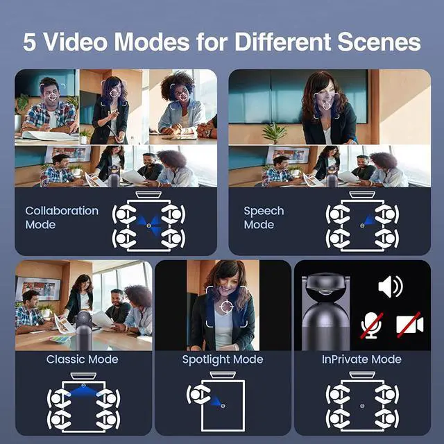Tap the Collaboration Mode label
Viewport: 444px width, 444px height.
62,217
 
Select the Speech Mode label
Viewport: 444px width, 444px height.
264,217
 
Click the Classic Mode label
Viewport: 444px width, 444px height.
83,359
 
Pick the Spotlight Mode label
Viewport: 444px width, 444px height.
223,359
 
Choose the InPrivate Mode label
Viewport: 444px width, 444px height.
361,359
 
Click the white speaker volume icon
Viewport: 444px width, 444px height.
390,287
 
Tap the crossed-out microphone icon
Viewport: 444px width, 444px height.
372,325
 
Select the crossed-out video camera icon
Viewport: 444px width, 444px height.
409,325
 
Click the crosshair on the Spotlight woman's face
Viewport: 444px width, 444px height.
226,305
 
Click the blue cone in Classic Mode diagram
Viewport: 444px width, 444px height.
84,391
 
